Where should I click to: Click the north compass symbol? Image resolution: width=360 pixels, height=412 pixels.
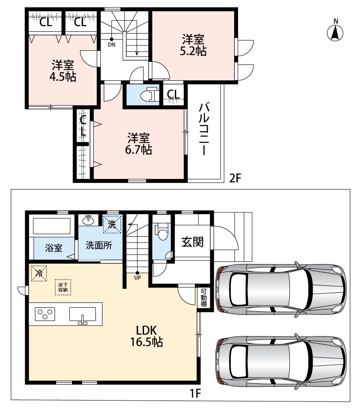[335, 31]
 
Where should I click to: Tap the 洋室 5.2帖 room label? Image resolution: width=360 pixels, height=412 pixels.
[193, 45]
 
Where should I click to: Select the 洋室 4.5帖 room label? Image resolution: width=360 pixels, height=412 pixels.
[63, 71]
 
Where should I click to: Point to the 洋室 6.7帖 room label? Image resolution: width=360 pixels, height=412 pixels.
[139, 144]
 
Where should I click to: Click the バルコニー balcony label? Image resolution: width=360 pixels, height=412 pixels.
[204, 129]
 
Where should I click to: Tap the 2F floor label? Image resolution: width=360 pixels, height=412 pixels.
[235, 178]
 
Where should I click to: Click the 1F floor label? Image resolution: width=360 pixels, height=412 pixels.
[195, 393]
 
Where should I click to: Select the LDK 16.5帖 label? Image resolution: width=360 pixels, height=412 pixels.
[147, 336]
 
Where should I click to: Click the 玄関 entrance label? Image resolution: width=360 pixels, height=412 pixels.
[193, 242]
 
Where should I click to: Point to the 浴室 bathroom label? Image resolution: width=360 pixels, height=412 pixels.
[53, 248]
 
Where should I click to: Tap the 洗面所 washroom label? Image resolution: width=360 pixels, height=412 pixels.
[99, 245]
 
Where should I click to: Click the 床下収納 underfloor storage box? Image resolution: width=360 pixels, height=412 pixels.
[63, 287]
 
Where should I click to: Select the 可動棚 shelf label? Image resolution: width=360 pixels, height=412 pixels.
[204, 298]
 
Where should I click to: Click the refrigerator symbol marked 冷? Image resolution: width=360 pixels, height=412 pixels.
[39, 273]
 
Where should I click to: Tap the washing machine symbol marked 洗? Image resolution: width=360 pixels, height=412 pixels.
[112, 224]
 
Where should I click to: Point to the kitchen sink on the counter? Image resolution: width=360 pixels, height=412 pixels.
[83, 315]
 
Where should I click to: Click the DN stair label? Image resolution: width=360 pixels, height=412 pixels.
[112, 45]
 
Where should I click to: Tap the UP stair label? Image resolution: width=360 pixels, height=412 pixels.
[137, 277]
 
